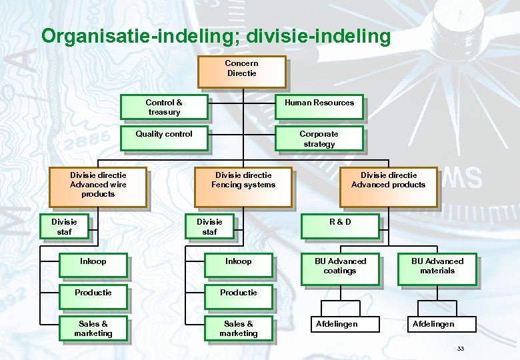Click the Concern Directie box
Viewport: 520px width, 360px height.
pos(241,72)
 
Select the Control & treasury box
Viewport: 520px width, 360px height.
pos(164,107)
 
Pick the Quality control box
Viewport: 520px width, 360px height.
pos(164,138)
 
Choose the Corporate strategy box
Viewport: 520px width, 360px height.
pos(319,139)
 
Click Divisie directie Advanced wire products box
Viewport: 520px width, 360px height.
pos(98,186)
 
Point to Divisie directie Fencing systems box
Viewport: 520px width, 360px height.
pos(243,186)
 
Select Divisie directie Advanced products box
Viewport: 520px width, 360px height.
pos(388,186)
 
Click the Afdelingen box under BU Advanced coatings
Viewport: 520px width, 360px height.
pos(337,324)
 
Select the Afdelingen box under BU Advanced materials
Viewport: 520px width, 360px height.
pos(433,324)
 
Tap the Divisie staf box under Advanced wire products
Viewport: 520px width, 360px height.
pos(64,226)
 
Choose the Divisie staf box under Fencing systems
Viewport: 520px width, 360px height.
pos(209,226)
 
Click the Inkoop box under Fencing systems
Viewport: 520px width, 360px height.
pos(238,265)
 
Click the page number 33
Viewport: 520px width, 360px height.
pos(460,349)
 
